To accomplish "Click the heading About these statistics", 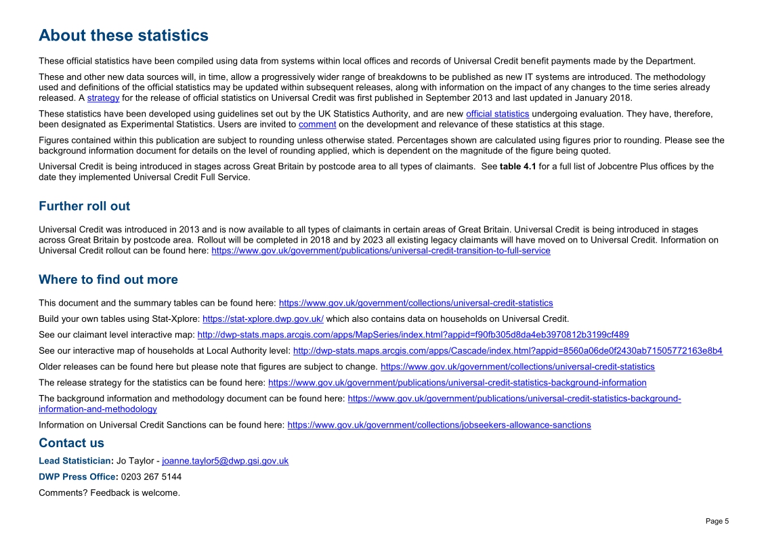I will click(123, 35).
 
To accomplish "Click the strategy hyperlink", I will click(103, 98).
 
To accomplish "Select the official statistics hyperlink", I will click(497, 114).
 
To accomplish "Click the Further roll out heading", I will click(84, 206).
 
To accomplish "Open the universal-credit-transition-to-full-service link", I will click(381, 251).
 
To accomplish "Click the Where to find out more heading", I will click(108, 280).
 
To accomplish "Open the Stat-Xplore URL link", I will click(263, 319).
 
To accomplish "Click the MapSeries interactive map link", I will click(412, 335).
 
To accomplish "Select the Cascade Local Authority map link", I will click(507, 351).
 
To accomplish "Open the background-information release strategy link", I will click(457, 383).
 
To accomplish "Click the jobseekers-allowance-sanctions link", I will click(439, 425).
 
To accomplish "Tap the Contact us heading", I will click(71, 443).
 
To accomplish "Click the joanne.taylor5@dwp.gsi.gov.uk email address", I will click(225, 461).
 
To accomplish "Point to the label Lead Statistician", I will click(76, 461).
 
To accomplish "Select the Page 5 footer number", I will click(717, 521).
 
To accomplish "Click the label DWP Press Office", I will click(77, 477).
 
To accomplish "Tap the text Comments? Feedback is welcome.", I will click(109, 493).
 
